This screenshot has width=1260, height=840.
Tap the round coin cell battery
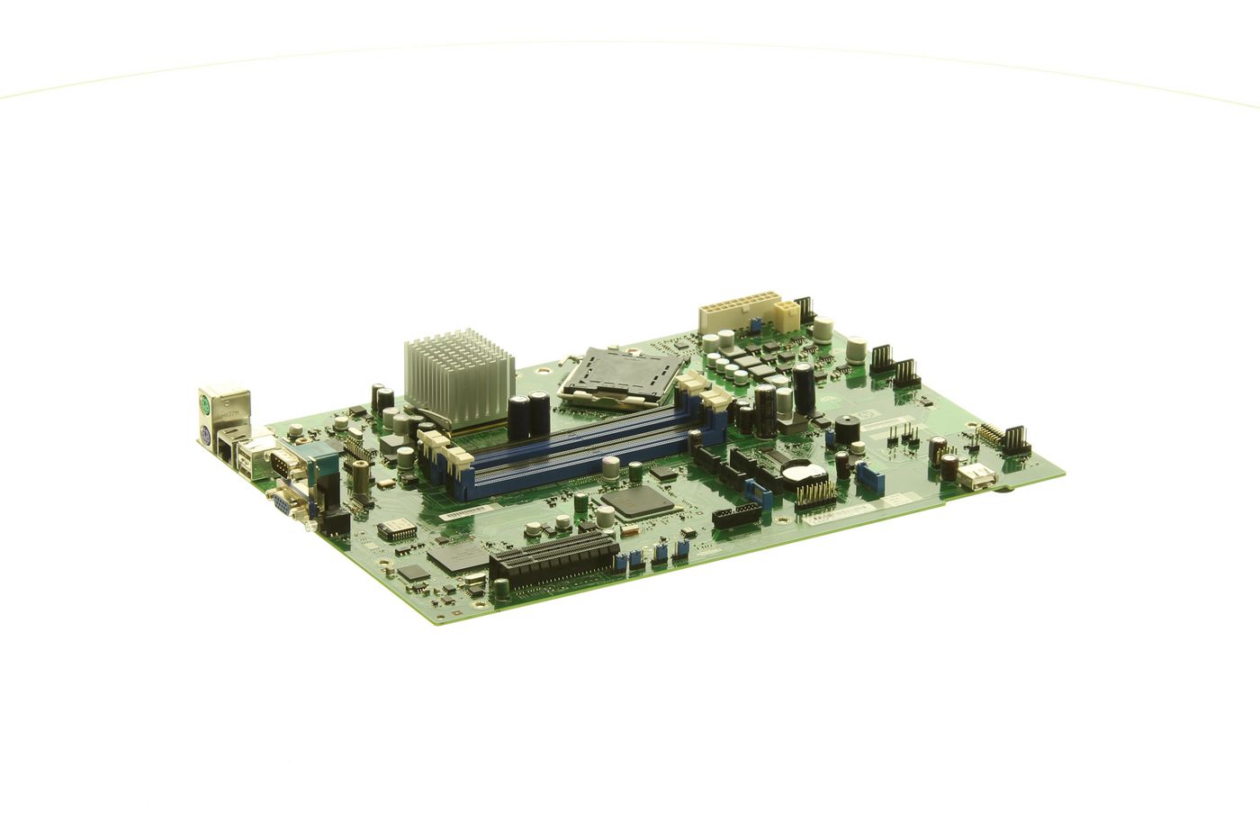pyautogui.click(x=800, y=471)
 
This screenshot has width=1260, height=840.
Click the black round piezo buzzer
pyautogui.click(x=847, y=429)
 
